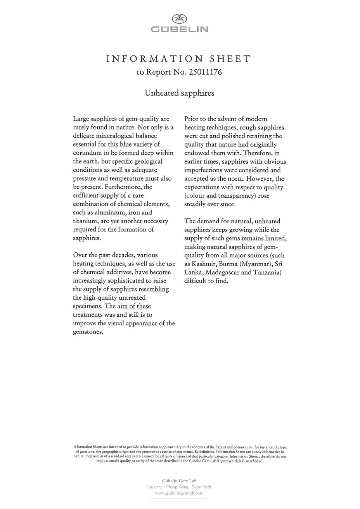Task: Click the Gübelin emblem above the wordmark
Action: [179, 18]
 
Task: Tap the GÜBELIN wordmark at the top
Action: [179, 29]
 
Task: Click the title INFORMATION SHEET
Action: [179, 59]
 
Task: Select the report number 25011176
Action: [205, 72]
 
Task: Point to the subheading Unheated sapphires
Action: [179, 93]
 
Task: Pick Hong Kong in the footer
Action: [177, 487]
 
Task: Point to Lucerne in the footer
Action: [155, 487]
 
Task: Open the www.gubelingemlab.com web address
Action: [179, 493]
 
